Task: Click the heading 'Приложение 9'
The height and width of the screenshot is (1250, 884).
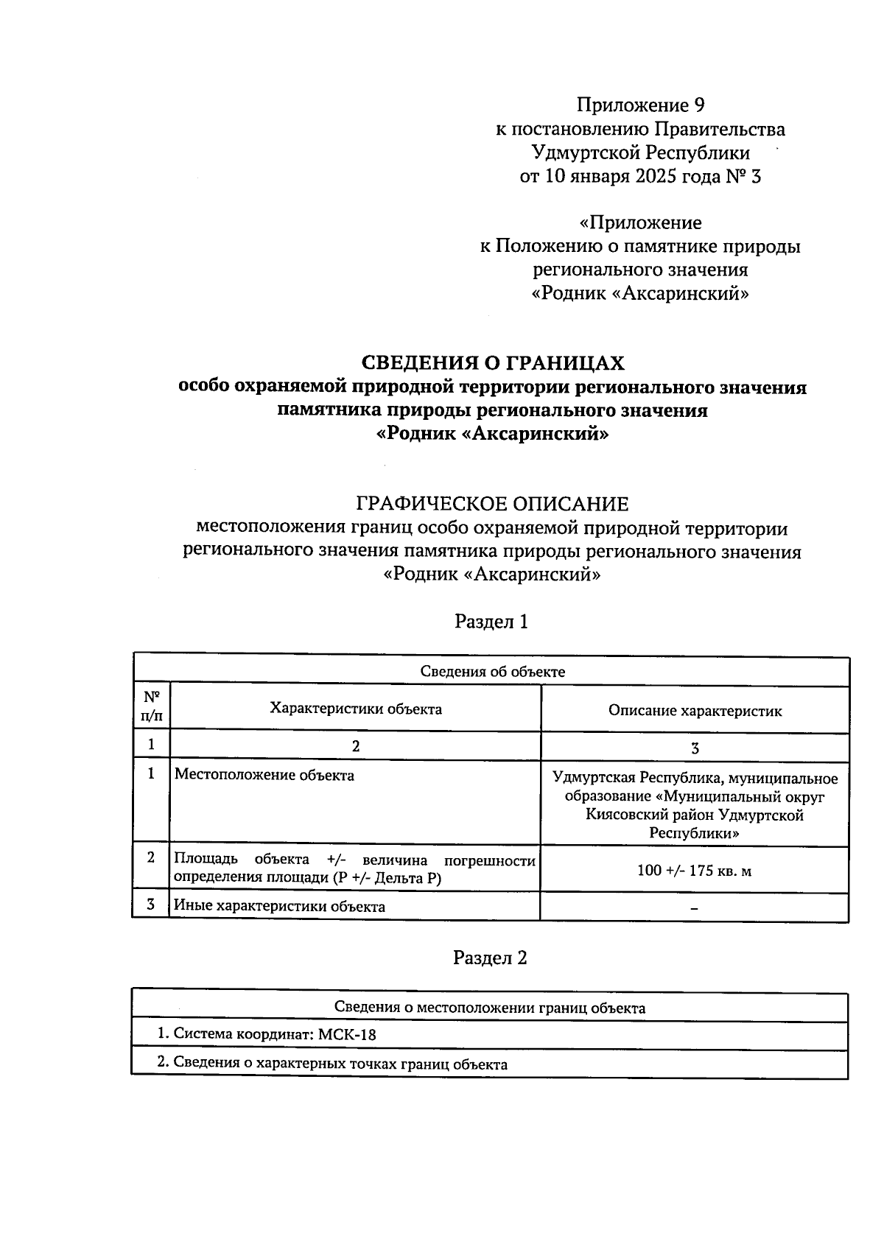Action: click(x=640, y=105)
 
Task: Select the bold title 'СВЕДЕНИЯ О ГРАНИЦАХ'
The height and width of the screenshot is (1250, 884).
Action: click(x=492, y=363)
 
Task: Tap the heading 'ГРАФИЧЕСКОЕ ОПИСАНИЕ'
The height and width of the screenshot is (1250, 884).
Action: click(x=492, y=505)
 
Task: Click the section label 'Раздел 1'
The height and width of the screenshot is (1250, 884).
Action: click(x=491, y=622)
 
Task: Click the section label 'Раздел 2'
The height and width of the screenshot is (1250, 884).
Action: click(x=490, y=958)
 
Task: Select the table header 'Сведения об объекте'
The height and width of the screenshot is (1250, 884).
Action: click(x=492, y=671)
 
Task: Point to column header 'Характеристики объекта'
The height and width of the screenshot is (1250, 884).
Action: click(x=356, y=709)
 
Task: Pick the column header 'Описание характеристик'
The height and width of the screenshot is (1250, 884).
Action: click(x=695, y=711)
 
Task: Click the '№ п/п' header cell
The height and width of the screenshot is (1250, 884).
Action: click(x=151, y=706)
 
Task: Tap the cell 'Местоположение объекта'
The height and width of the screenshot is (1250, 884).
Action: click(x=264, y=776)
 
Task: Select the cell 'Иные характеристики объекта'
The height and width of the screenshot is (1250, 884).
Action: click(x=279, y=907)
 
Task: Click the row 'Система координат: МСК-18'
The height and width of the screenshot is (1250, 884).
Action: click(x=267, y=1034)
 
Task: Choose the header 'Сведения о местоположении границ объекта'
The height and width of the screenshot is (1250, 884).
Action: click(x=490, y=1008)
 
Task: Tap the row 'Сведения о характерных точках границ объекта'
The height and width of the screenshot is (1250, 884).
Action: click(x=332, y=1064)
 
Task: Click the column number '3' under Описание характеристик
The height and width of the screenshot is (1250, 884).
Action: click(x=694, y=748)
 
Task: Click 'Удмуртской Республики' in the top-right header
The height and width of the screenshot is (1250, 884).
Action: click(x=640, y=153)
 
